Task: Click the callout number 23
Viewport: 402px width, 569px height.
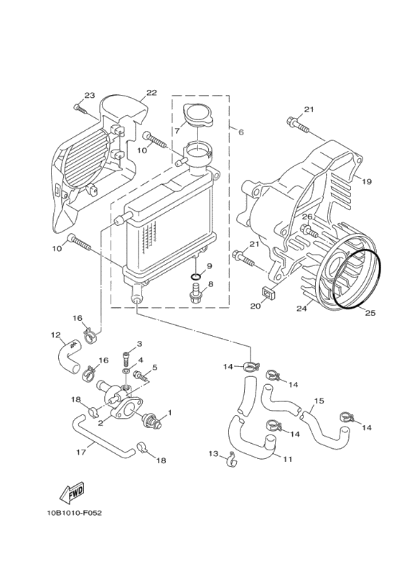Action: pos(89,96)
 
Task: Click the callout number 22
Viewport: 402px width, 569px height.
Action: pos(151,93)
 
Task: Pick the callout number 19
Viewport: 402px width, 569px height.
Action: pos(366,182)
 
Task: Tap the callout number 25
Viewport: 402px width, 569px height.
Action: pos(370,312)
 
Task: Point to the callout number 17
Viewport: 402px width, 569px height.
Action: pos(81,452)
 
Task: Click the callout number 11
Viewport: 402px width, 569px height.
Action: pos(287,459)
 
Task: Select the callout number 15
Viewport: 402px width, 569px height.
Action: pos(319,401)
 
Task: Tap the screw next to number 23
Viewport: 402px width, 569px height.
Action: pos(79,109)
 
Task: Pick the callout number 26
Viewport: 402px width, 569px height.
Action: pos(307,217)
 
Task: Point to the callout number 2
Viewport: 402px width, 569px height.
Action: pos(100,423)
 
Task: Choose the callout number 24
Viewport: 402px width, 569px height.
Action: pos(301,309)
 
